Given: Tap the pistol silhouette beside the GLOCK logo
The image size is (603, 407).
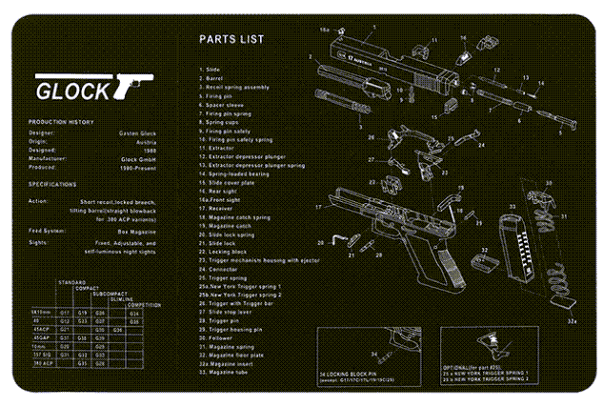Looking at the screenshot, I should click(132, 85).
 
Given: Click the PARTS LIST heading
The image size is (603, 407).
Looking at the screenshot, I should click(231, 40).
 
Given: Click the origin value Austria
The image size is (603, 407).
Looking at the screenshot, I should click(146, 141).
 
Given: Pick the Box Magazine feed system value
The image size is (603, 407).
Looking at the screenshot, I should click(135, 230).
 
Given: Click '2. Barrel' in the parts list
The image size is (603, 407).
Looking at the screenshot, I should click(211, 78).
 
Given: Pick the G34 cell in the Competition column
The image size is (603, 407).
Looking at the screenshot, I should click(134, 312).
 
